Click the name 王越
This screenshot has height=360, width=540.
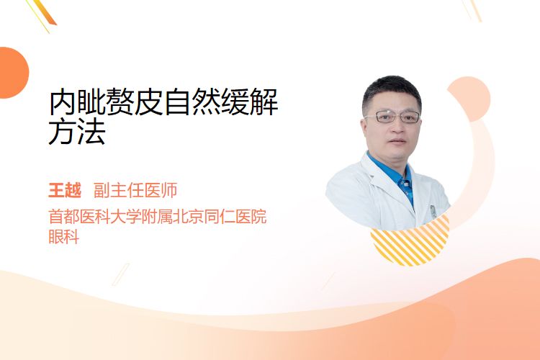(x=65, y=190)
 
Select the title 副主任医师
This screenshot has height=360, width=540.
(x=135, y=190)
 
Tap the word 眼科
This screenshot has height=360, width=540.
(x=63, y=236)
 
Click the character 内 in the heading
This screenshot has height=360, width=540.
(x=62, y=102)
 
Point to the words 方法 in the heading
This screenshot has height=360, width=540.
(x=77, y=131)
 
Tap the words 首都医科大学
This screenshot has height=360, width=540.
(x=95, y=217)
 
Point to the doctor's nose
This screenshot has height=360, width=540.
(x=397, y=128)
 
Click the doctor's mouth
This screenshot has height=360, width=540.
(x=397, y=141)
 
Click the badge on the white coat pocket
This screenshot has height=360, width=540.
(x=433, y=211)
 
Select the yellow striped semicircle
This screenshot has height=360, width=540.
(x=410, y=241)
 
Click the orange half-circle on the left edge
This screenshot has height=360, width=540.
(x=14, y=73)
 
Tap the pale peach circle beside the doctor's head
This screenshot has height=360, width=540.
(x=472, y=98)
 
